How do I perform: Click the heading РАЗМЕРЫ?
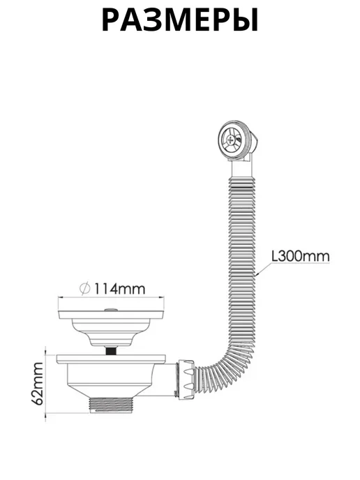coord(180,20)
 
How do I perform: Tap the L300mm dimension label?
coord(301,256)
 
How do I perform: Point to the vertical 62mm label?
coord(38,384)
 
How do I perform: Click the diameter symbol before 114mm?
coord(84,289)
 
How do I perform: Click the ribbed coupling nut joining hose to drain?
coord(185,380)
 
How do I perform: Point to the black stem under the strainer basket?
coord(111,351)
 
